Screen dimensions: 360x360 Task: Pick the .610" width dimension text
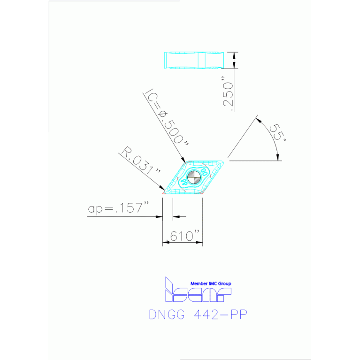183,236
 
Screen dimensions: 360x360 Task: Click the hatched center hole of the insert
193,177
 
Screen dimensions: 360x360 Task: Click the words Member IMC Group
210,283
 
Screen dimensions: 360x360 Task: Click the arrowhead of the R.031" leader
163,189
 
